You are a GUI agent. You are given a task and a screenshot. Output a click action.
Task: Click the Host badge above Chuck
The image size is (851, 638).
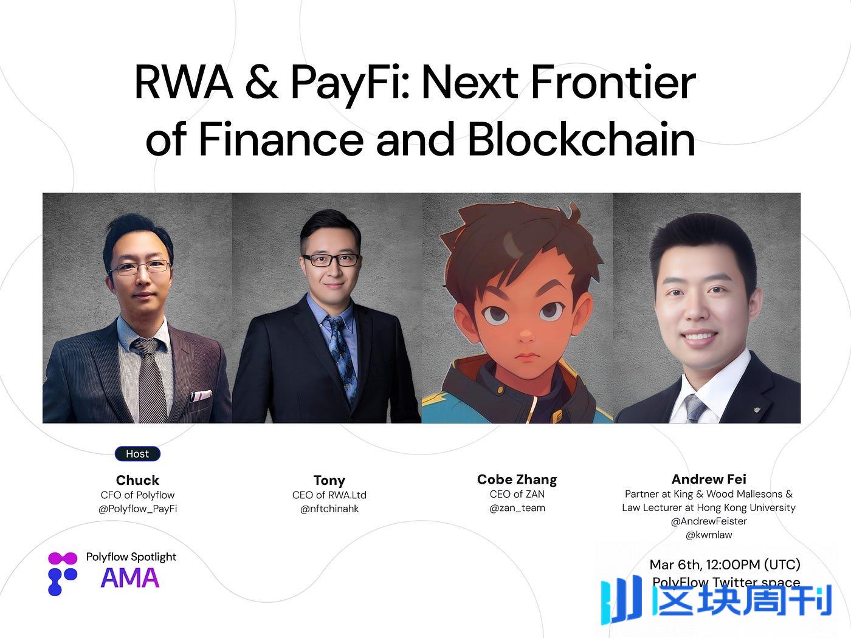137,454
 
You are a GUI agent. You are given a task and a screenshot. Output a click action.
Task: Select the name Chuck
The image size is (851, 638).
137,480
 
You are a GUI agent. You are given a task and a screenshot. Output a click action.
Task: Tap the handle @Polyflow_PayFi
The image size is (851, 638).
137,509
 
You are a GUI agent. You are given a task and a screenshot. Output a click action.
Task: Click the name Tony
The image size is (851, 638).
329,481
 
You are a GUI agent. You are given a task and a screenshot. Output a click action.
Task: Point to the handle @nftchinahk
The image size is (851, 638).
329,509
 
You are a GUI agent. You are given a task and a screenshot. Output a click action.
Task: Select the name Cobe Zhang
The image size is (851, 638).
517,479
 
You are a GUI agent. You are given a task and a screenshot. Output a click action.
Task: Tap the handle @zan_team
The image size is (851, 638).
517,508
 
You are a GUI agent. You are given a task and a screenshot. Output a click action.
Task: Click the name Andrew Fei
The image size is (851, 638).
709,479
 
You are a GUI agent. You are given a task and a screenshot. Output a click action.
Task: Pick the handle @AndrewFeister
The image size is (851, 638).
709,521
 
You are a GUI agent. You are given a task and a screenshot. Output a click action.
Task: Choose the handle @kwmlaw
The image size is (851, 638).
709,535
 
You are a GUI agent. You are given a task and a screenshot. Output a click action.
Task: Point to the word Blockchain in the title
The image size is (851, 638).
581,140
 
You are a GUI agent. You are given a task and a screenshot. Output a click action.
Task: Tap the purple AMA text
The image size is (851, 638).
130,578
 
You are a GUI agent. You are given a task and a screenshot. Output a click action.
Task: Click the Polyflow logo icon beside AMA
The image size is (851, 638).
63,573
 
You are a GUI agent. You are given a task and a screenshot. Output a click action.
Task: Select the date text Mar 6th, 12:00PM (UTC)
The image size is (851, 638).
725,564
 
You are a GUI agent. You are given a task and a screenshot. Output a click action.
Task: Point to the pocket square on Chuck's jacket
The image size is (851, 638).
201,396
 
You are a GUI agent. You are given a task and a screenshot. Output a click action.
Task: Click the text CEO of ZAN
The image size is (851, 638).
517,494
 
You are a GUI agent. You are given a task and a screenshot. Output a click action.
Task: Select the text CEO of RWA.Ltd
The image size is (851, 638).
329,495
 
